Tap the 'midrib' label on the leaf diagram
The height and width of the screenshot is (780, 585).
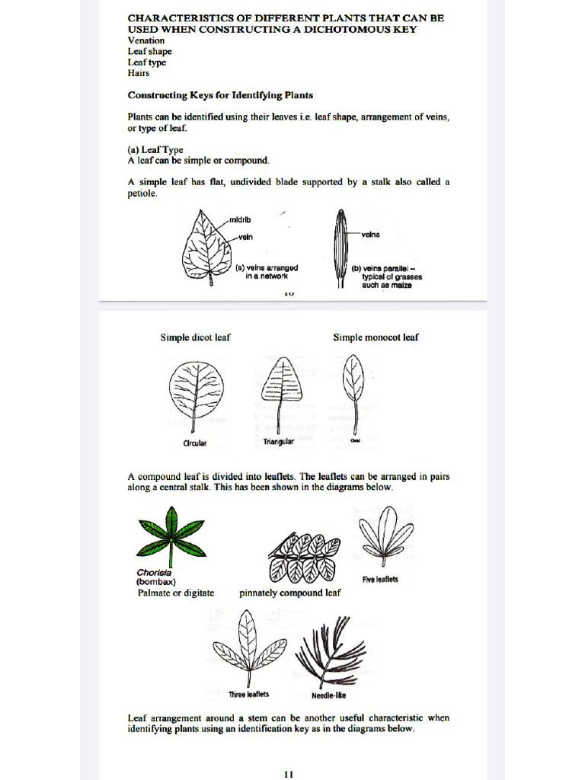(x=240, y=220)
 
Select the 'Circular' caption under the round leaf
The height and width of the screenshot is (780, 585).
(x=195, y=443)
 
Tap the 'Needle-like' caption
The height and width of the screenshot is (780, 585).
(x=329, y=695)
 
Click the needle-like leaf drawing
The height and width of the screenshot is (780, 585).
(x=328, y=651)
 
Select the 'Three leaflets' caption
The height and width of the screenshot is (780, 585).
(x=249, y=694)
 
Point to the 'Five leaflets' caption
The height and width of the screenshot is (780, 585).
(x=380, y=579)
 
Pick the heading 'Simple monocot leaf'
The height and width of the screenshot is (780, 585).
(x=376, y=337)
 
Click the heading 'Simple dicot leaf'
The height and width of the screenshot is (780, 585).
(x=195, y=337)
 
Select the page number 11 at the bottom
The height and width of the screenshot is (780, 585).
(x=289, y=774)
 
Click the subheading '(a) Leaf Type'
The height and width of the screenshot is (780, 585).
(x=155, y=150)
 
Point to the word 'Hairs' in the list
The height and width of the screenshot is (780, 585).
(x=139, y=73)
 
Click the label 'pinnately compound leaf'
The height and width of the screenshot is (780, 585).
(x=290, y=593)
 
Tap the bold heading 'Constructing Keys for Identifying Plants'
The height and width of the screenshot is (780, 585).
(x=220, y=95)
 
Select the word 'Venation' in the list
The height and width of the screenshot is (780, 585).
(x=145, y=40)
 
